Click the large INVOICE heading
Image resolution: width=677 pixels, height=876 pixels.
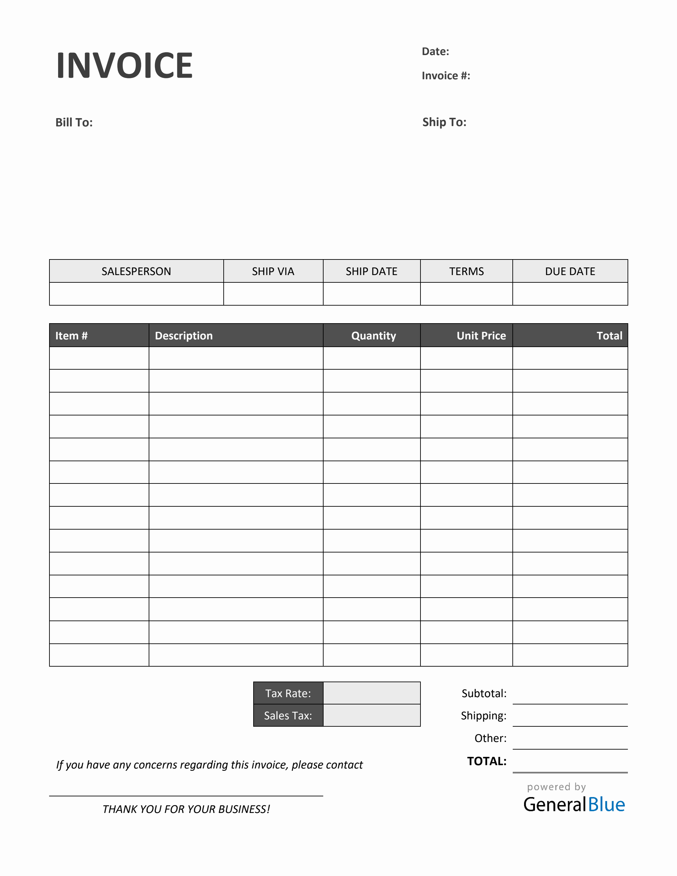(x=124, y=65)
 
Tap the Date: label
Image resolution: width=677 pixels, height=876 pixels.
(x=435, y=51)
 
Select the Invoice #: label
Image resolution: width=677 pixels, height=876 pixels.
(x=446, y=76)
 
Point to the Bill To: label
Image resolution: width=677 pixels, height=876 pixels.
(x=74, y=122)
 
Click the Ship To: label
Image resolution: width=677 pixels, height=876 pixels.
(x=444, y=122)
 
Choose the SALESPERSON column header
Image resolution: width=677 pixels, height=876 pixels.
(x=136, y=271)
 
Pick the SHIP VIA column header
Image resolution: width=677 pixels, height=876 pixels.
(x=273, y=271)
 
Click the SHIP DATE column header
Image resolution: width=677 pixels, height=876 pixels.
(x=371, y=271)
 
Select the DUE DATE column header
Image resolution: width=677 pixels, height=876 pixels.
(x=569, y=271)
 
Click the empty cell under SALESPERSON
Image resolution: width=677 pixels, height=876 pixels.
(x=136, y=294)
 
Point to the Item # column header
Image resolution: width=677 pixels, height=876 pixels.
(x=71, y=336)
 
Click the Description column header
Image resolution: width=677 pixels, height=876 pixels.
(x=184, y=336)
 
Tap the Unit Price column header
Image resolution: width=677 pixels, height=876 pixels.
(x=481, y=336)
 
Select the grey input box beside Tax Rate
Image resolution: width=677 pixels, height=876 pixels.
(x=371, y=693)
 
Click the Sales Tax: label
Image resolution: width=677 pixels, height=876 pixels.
(x=288, y=715)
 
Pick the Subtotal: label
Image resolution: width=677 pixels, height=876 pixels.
(x=484, y=694)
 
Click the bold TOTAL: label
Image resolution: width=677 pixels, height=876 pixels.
(x=487, y=761)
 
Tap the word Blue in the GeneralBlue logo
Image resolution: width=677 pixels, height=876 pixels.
(x=606, y=805)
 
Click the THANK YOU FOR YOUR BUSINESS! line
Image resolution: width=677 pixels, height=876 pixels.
(x=186, y=809)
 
